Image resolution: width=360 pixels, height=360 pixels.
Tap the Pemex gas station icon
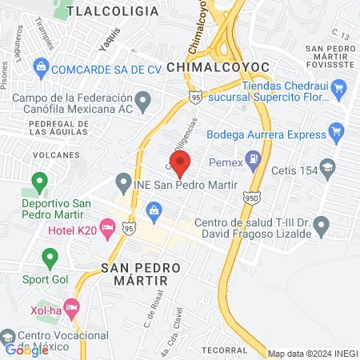click(x=254, y=158)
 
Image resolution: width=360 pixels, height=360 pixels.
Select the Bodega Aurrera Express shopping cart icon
click(x=337, y=130)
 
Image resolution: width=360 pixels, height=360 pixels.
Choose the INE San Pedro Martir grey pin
click(x=123, y=183)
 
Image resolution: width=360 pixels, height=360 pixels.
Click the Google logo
click(x=26, y=349)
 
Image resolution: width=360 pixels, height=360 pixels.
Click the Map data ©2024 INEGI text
click(x=312, y=354)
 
